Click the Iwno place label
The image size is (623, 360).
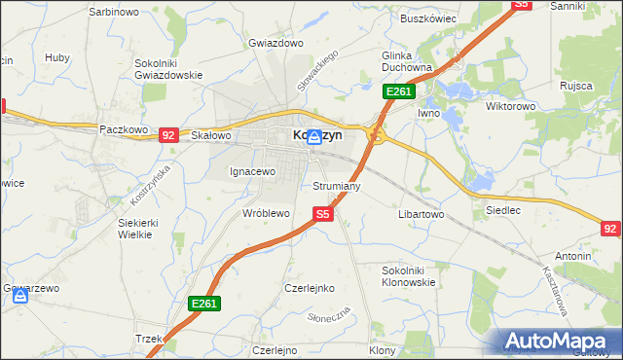429,114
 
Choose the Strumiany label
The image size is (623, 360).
337,185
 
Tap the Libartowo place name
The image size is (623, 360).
421,213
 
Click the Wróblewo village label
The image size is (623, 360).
266,212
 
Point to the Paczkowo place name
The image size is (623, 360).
123,129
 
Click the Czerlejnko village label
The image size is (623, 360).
310,288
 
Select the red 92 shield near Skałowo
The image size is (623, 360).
167,135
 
